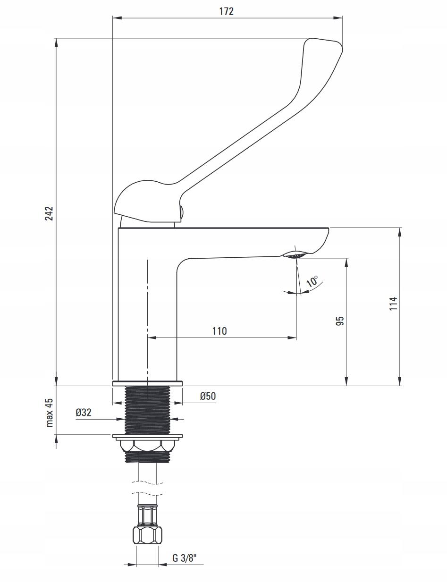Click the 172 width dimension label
(226, 11)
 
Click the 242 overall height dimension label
(49, 213)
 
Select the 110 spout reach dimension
(219, 331)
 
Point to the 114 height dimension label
(393, 303)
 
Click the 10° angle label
(312, 282)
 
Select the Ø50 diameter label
(207, 396)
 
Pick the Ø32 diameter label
(83, 412)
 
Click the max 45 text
(49, 413)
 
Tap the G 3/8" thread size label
(184, 558)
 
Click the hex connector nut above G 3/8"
(147, 535)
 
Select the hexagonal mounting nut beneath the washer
(147, 446)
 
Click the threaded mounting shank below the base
(147, 410)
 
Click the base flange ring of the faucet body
(147, 383)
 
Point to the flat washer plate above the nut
(147, 437)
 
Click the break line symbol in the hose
(147, 487)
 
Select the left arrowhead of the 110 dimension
(151, 338)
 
